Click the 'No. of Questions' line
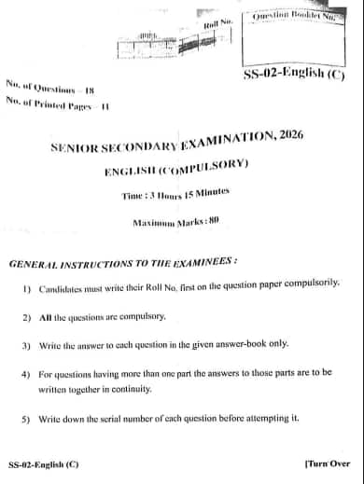click(x=50, y=88)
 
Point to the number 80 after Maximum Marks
click(x=213, y=221)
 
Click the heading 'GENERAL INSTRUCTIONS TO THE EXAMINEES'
click(x=123, y=265)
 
